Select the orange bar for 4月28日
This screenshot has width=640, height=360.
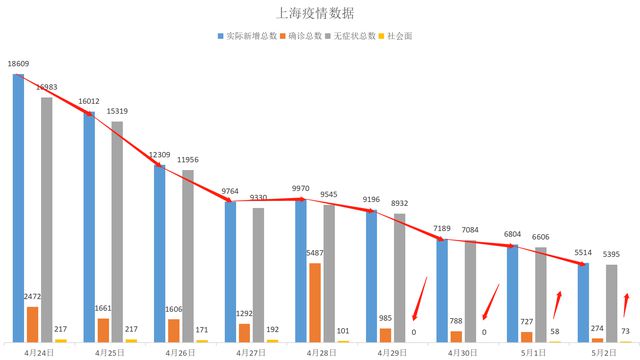tap(315, 302)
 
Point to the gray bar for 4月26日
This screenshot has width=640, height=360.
tap(187, 255)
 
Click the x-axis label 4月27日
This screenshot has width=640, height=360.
tap(250, 352)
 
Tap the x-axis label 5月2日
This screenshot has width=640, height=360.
tap(605, 352)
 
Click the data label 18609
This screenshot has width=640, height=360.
tap(18, 64)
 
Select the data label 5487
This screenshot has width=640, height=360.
tap(314, 255)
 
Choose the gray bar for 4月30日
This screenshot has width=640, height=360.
tap(470, 291)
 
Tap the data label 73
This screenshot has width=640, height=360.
tap(625, 331)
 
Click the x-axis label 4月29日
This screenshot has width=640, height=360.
tap(392, 352)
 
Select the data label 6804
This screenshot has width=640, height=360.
tap(512, 235)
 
